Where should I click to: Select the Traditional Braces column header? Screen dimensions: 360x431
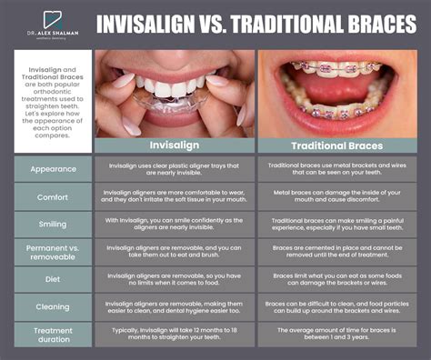336,145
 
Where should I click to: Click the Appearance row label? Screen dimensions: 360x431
53,169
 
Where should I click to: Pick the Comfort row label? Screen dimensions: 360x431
53,196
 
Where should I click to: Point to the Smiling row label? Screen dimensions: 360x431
53,224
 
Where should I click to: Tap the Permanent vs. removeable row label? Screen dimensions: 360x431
53,251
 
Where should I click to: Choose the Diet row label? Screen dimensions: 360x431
53,279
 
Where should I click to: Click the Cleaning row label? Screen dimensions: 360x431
53,306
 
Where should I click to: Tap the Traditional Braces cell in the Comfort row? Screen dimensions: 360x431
336,196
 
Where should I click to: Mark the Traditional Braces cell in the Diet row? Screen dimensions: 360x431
336,279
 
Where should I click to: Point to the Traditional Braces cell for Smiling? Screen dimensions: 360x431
336,224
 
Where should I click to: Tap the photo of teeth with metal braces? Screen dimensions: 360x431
336,91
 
